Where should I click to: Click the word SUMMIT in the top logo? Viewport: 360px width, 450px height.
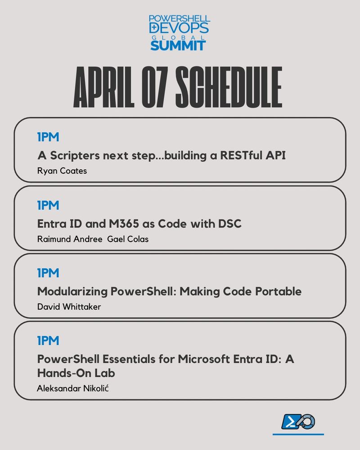(x=178, y=45)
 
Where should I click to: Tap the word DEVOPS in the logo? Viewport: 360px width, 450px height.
(x=179, y=28)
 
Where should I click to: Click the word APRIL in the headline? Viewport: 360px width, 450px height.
(x=103, y=87)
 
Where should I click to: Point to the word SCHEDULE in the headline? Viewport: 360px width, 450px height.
(x=229, y=87)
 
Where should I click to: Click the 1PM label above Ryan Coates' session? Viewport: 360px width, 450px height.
(x=48, y=137)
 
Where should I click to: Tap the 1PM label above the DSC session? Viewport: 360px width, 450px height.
(x=48, y=205)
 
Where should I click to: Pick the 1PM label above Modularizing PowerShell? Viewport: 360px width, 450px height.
(x=48, y=273)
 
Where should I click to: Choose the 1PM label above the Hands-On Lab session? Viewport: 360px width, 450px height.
(x=48, y=341)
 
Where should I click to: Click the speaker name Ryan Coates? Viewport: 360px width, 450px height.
(x=62, y=171)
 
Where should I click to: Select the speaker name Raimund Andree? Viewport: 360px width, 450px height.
(x=70, y=239)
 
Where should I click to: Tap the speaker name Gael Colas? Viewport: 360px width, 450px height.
(x=128, y=239)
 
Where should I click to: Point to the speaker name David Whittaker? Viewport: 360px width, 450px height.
(x=69, y=307)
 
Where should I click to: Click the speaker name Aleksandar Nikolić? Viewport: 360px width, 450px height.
(x=72, y=388)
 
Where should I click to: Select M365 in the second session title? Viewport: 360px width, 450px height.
(x=124, y=224)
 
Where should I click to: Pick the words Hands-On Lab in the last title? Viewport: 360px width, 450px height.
(x=76, y=373)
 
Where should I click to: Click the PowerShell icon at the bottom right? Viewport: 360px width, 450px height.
(x=298, y=422)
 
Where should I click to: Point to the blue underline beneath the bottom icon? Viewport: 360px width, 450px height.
(x=298, y=435)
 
